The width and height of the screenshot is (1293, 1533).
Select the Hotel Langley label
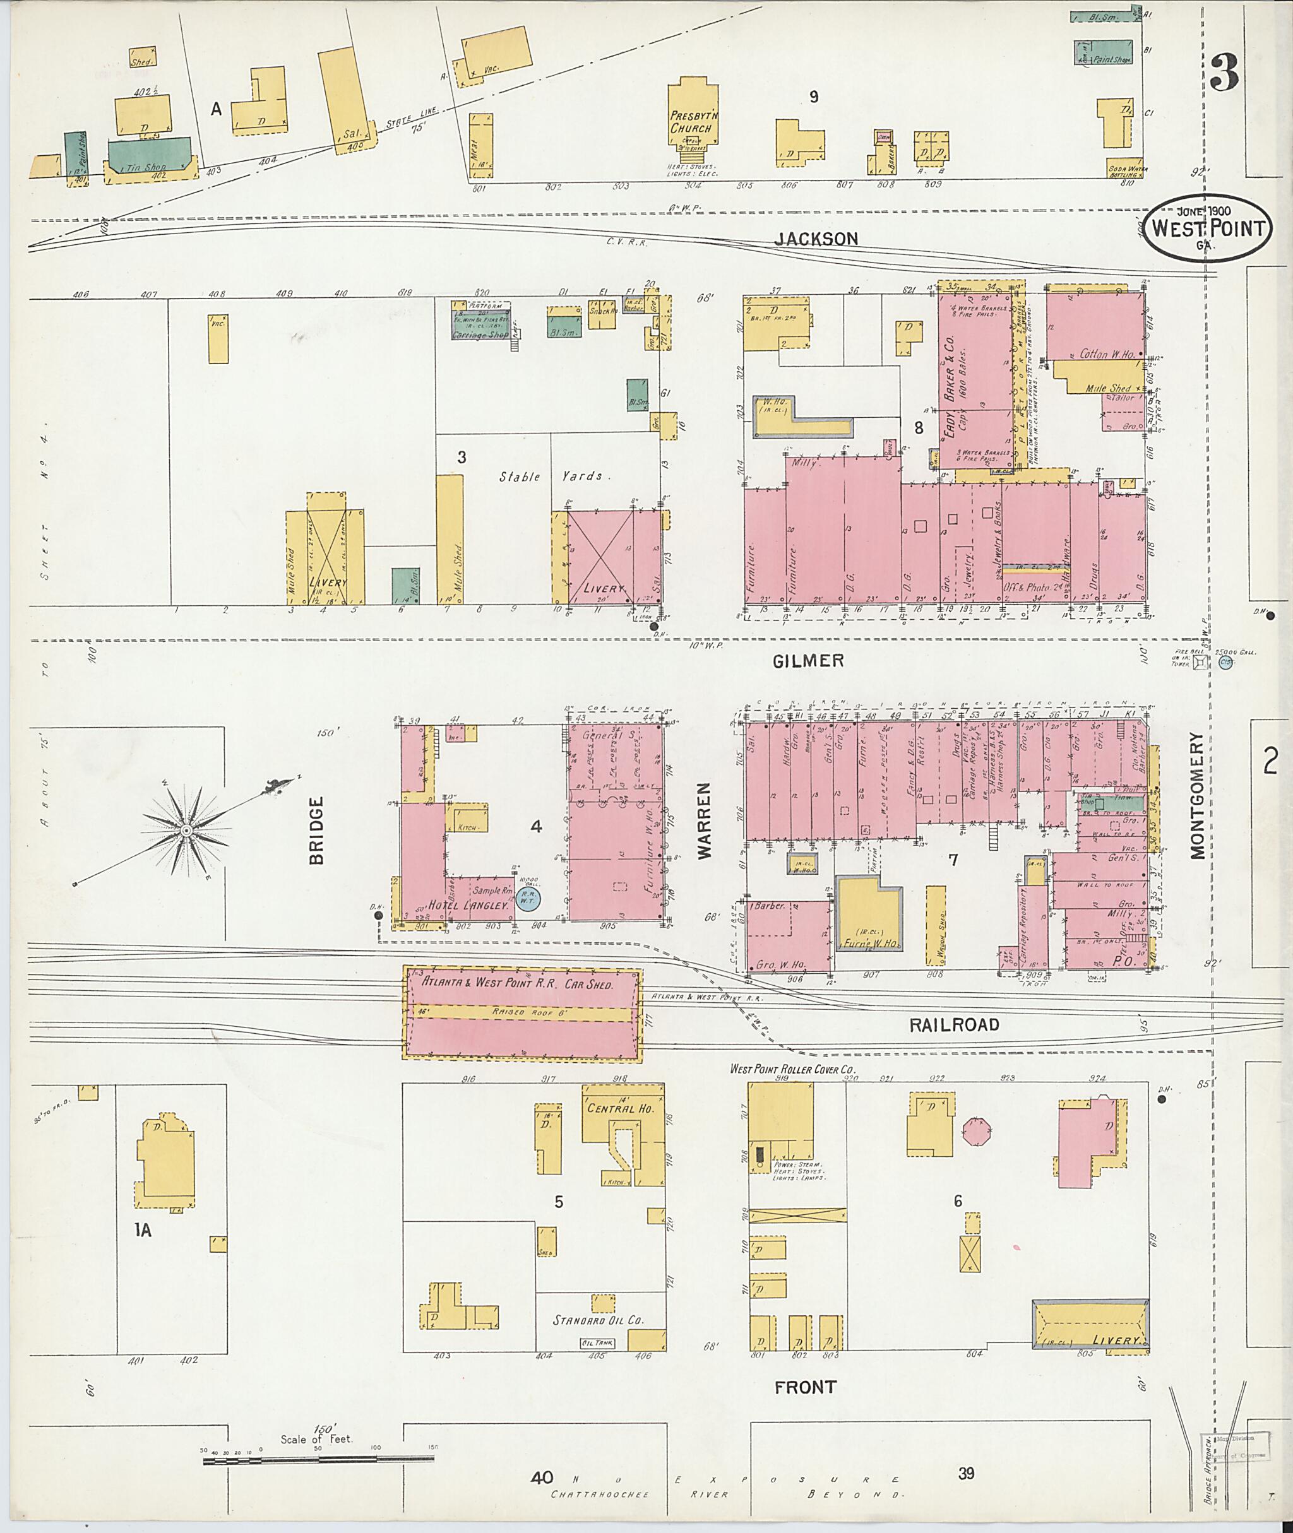(468, 906)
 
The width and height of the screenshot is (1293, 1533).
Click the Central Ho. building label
(620, 1109)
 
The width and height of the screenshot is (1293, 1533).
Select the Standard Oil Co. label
(597, 1320)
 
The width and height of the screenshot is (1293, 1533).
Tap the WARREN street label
(705, 820)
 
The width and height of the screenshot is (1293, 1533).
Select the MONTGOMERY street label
(1196, 795)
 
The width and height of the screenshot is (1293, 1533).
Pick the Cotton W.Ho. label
(1107, 354)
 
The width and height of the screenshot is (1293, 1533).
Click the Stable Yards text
(551, 476)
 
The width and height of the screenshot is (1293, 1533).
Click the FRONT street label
(805, 1387)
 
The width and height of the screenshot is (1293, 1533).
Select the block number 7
(953, 860)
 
